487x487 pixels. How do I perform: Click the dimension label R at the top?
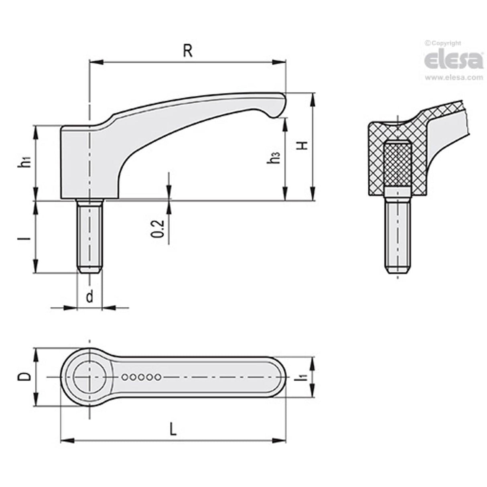pyautogui.click(x=187, y=51)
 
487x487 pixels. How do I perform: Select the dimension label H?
pyautogui.click(x=304, y=145)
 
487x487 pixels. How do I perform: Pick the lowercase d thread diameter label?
pyautogui.click(x=89, y=296)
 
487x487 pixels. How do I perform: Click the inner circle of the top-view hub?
pyautogui.click(x=89, y=377)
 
